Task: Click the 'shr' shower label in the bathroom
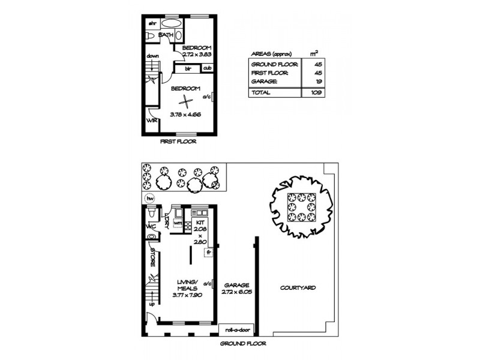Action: [152, 23]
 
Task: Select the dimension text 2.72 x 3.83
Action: [198, 53]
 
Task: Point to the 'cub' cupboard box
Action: [207, 68]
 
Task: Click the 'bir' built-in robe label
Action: [188, 68]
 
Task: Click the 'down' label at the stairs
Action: [152, 56]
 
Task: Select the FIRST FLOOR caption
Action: [178, 142]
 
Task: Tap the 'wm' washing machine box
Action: [178, 223]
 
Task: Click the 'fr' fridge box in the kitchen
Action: [209, 252]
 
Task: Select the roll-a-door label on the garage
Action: [237, 330]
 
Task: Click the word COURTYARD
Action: [298, 288]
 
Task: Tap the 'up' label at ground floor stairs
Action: [152, 304]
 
